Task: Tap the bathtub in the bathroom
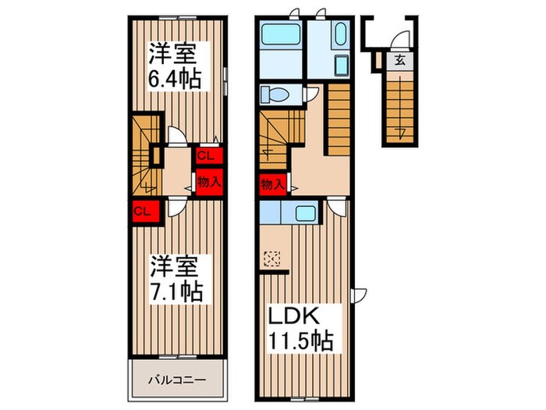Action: tap(280, 36)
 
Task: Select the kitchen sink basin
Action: tap(303, 212)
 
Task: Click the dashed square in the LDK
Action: tap(271, 257)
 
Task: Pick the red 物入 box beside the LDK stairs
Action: tap(271, 185)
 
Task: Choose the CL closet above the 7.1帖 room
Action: tap(142, 211)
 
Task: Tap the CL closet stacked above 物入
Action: tap(207, 155)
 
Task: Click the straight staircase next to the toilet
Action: tap(339, 119)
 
